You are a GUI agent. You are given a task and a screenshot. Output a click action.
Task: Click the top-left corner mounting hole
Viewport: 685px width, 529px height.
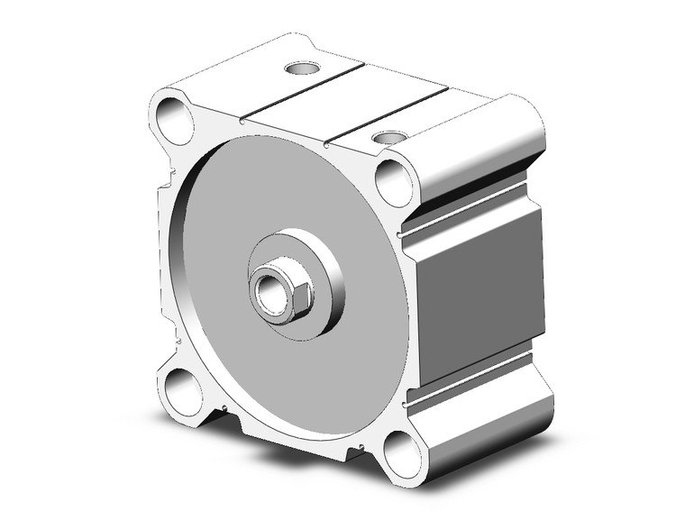(175, 120)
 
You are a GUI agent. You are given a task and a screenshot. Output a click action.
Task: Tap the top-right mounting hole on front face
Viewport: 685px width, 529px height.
(394, 182)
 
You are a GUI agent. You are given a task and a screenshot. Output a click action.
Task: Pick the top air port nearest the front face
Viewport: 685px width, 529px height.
(388, 137)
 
